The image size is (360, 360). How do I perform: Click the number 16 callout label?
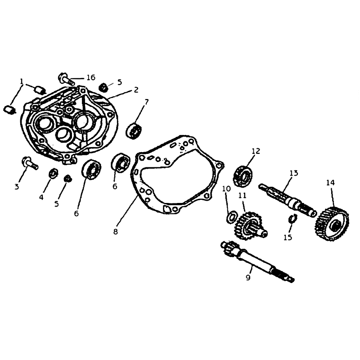tap(91, 77)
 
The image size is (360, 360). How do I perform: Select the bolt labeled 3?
tap(30, 163)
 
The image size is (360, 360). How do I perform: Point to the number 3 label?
tap(17, 187)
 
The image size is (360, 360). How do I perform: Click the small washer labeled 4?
tap(54, 173)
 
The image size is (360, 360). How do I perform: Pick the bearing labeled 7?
tap(134, 130)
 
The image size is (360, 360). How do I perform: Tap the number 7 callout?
tap(147, 102)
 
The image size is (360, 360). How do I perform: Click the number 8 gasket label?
tap(116, 232)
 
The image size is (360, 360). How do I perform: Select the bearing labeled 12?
tap(243, 176)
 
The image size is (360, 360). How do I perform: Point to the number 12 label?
tap(256, 151)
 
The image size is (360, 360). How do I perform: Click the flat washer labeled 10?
tap(232, 216)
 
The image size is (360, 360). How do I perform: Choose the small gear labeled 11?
tap(250, 226)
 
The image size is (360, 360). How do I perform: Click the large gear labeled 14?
tap(332, 224)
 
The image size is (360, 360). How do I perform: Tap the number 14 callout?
tap(330, 183)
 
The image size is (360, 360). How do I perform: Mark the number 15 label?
tap(288, 237)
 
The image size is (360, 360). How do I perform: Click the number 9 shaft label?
tap(248, 277)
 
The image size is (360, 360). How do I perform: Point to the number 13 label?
tap(293, 173)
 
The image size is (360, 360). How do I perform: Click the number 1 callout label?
tap(22, 81)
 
